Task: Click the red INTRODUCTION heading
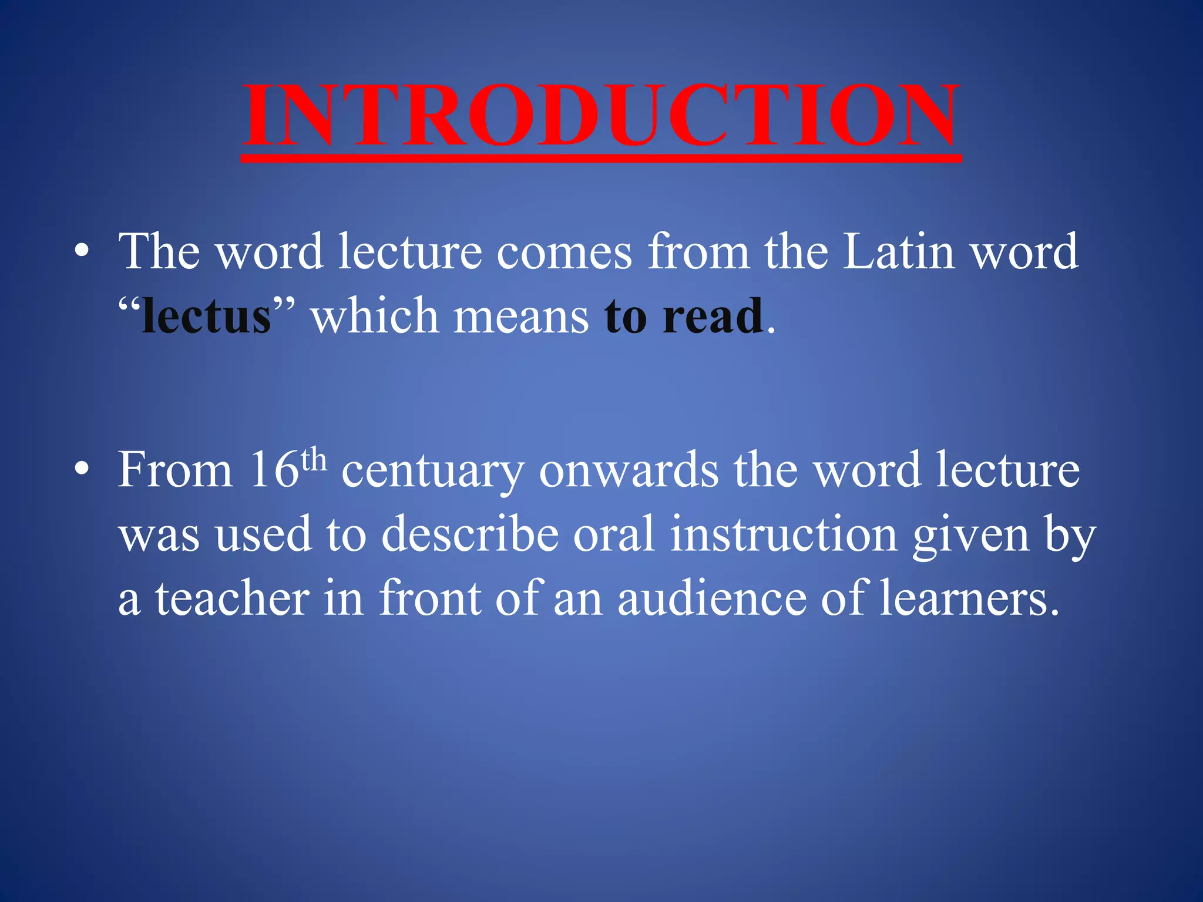pos(601,115)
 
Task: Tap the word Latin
pos(898,252)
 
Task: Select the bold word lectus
pos(206,317)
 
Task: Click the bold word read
pos(713,317)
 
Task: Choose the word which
pos(374,317)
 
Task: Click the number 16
pos(274,470)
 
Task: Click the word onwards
pos(629,470)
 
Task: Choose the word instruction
pos(784,534)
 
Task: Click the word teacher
pos(232,598)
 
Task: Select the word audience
pos(712,598)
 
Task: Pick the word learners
pos(969,598)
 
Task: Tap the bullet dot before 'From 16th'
pos(82,470)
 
